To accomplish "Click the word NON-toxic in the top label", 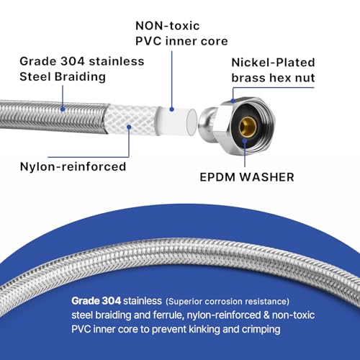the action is [168, 26].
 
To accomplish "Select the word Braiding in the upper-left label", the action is [80, 77].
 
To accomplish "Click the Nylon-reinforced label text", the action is [73, 166].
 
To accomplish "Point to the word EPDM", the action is [217, 177].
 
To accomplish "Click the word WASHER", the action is [267, 177].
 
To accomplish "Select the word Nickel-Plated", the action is [273, 63].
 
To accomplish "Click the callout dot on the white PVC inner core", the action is [171, 109].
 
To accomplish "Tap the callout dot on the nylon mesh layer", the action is [129, 127].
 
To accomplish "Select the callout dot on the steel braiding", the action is [63, 109].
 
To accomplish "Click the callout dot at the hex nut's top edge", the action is [233, 101].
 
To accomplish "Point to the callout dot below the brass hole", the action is [245, 140].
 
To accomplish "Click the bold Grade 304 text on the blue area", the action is [96, 301].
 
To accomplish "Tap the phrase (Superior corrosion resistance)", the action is [228, 302].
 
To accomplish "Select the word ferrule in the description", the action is [171, 315].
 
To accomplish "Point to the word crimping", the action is [261, 330].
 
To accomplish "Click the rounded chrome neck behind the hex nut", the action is [207, 120].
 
